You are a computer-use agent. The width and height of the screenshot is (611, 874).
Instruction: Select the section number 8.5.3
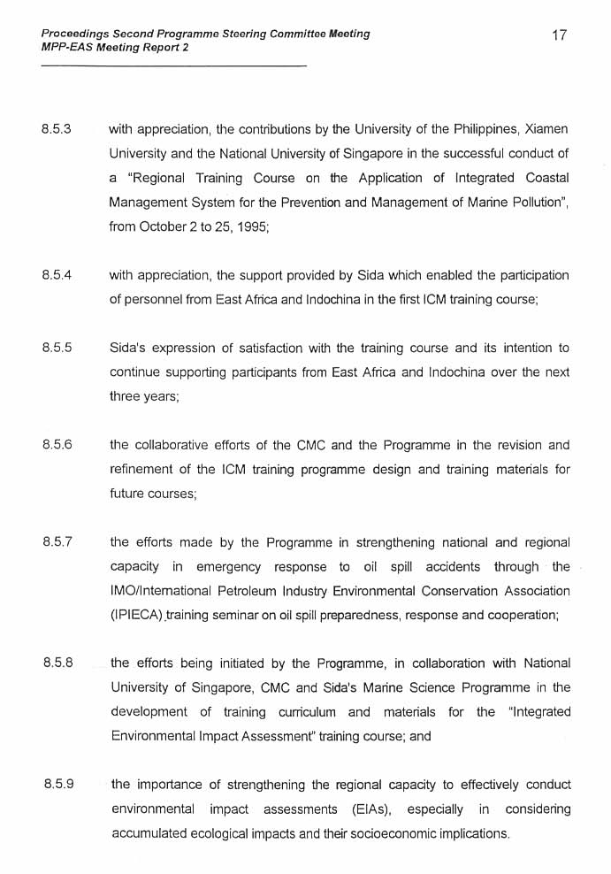(x=57, y=128)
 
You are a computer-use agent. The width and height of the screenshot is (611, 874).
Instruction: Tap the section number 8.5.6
(x=57, y=445)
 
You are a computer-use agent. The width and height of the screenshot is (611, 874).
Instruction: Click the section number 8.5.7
(x=57, y=542)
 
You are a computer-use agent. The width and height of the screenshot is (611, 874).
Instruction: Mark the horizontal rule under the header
(x=173, y=66)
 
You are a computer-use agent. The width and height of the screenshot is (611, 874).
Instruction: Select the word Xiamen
(x=546, y=129)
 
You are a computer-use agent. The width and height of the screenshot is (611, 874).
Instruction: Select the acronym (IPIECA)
(x=137, y=616)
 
